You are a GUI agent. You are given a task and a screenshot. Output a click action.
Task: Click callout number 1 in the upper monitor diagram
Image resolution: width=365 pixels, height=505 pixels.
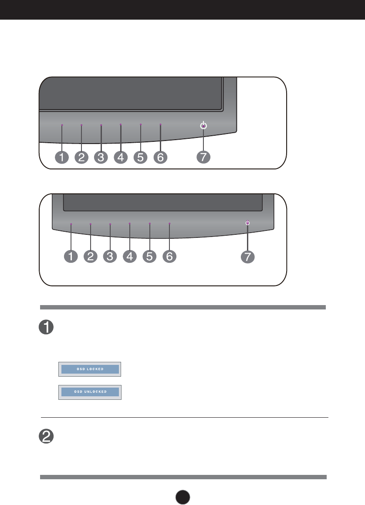click(62, 158)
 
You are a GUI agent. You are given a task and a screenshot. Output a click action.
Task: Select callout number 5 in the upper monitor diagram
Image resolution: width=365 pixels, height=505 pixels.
click(140, 158)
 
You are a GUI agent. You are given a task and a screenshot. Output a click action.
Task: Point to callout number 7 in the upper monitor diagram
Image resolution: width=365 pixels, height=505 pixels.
click(203, 158)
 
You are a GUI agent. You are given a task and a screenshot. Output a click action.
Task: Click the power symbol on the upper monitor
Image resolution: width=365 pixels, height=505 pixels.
click(203, 126)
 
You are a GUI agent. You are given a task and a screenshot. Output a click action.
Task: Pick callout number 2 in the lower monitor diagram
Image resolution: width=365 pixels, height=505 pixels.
click(91, 256)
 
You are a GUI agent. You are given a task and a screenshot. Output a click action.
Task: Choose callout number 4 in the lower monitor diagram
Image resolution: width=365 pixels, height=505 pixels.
click(129, 256)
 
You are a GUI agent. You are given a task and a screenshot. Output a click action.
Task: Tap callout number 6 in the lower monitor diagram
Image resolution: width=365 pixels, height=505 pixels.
click(169, 256)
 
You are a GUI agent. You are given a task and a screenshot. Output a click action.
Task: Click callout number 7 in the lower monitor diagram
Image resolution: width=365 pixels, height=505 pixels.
click(247, 257)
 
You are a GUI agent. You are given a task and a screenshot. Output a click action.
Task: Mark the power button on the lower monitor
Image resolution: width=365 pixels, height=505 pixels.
click(247, 223)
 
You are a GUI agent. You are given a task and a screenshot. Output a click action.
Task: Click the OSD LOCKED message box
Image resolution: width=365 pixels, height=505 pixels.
click(89, 369)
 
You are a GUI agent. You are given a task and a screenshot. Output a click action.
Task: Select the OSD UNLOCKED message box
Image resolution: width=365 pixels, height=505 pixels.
click(90, 392)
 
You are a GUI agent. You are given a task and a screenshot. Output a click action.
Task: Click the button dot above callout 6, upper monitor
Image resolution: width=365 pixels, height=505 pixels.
click(160, 125)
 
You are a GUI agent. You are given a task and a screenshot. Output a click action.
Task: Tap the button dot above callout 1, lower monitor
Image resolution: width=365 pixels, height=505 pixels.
click(71, 224)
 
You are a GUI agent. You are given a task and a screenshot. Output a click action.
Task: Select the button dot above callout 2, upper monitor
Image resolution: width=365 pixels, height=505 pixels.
click(81, 125)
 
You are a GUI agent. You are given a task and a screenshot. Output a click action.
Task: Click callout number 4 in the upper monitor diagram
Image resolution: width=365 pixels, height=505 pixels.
click(121, 158)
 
